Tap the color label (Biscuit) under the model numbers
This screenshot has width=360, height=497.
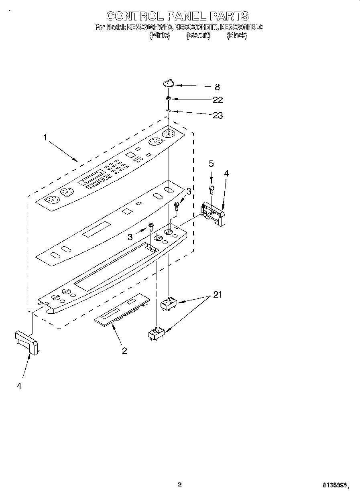click(x=198, y=35)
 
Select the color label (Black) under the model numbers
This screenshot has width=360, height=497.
click(x=236, y=35)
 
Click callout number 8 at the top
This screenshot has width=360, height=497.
click(x=217, y=87)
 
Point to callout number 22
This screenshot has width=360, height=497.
click(x=218, y=99)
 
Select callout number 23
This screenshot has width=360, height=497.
click(x=218, y=116)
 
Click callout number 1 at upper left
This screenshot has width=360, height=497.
click(x=45, y=138)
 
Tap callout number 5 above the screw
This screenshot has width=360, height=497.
click(x=211, y=164)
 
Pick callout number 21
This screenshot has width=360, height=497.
click(x=217, y=295)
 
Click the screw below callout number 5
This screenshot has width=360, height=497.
click(x=211, y=189)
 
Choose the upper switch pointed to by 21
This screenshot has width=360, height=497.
click(x=169, y=304)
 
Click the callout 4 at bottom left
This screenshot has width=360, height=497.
click(x=19, y=386)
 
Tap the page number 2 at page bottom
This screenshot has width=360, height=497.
click(x=180, y=485)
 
